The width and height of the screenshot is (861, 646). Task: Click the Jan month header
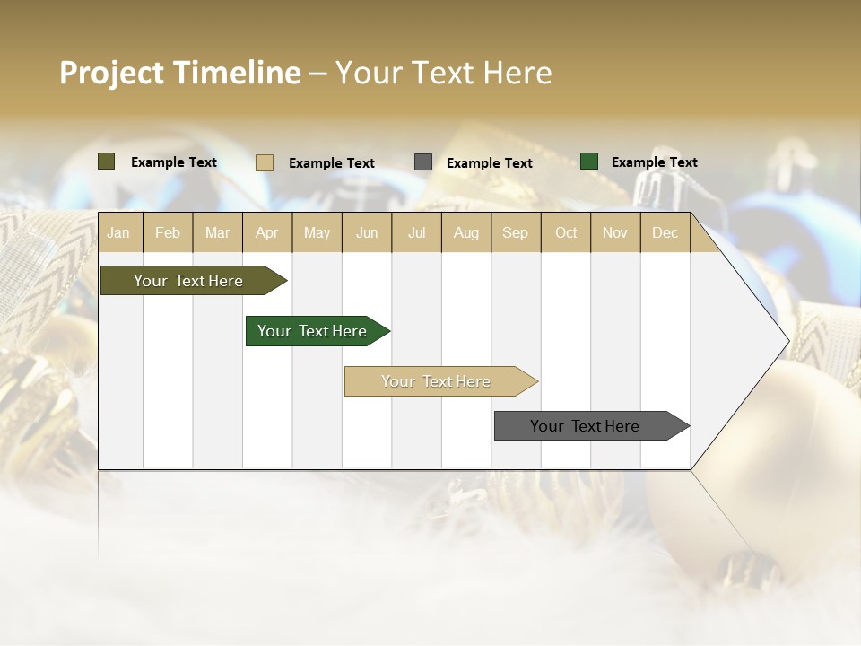click(x=118, y=233)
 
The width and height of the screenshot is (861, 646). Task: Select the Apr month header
click(x=267, y=233)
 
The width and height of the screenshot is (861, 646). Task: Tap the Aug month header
click(x=465, y=233)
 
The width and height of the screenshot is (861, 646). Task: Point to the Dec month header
click(x=665, y=233)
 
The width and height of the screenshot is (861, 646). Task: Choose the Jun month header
click(x=367, y=233)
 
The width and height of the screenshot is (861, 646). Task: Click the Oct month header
click(x=566, y=233)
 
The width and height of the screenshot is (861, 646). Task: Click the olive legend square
click(x=107, y=161)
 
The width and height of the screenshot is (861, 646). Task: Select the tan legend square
click(x=265, y=162)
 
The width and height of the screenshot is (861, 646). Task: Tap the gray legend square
click(x=423, y=162)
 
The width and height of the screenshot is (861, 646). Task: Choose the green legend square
click(x=589, y=161)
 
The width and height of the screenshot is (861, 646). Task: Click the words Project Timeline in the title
click(x=180, y=73)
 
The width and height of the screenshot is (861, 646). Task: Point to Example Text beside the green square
click(x=654, y=162)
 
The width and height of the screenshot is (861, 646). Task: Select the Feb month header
click(x=168, y=233)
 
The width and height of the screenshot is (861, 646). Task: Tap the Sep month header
click(x=515, y=233)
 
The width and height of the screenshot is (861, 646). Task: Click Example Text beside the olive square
click(x=174, y=162)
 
